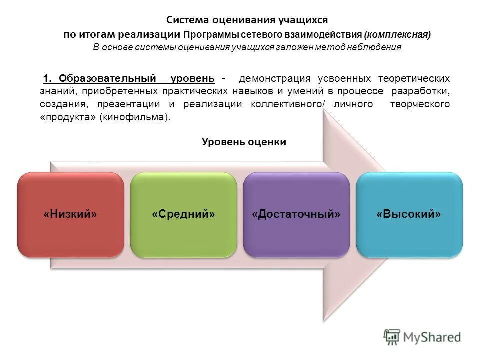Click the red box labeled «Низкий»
click(70, 215)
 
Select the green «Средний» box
click(183, 215)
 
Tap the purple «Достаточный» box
click(296, 215)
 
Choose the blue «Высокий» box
click(409, 215)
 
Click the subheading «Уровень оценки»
click(244, 142)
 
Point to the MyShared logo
click(422, 337)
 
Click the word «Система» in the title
click(188, 20)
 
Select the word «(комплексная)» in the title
click(397, 35)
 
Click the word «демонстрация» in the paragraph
click(275, 79)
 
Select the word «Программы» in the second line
click(211, 35)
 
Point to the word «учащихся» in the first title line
click(304, 20)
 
